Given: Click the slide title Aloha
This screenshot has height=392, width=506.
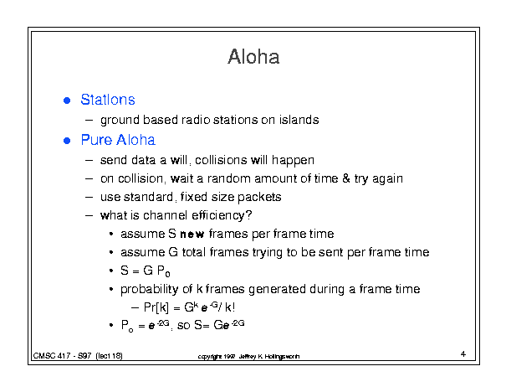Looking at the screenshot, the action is coord(253,57).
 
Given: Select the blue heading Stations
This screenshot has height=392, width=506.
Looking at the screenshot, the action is coord(108,100).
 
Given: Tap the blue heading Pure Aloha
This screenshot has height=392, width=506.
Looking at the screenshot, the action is coord(118,140).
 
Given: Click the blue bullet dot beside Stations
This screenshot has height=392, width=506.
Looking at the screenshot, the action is coord(67,101).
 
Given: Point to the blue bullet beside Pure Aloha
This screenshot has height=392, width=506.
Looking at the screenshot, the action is coord(67,141).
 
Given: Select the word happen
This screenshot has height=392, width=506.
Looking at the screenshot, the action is coord(293,161).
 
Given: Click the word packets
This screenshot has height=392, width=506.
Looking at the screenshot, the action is coord(259,197).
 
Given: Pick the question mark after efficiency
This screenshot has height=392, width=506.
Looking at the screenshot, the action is coord(248,215).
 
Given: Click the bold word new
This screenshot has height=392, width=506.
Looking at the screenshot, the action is coord(192,234).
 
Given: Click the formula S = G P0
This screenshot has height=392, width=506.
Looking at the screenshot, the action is coord(146,271).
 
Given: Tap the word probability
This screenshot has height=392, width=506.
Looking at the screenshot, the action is coord(150,289).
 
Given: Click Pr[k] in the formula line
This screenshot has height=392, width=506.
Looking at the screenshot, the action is coord(156,307).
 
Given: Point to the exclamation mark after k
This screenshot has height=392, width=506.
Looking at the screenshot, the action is coord(233,307).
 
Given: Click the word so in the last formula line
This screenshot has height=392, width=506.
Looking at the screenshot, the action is coord(184,325).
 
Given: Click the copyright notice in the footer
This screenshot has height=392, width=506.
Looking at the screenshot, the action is coord(248,357).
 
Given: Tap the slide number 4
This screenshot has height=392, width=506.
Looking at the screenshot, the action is coord(463,353).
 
